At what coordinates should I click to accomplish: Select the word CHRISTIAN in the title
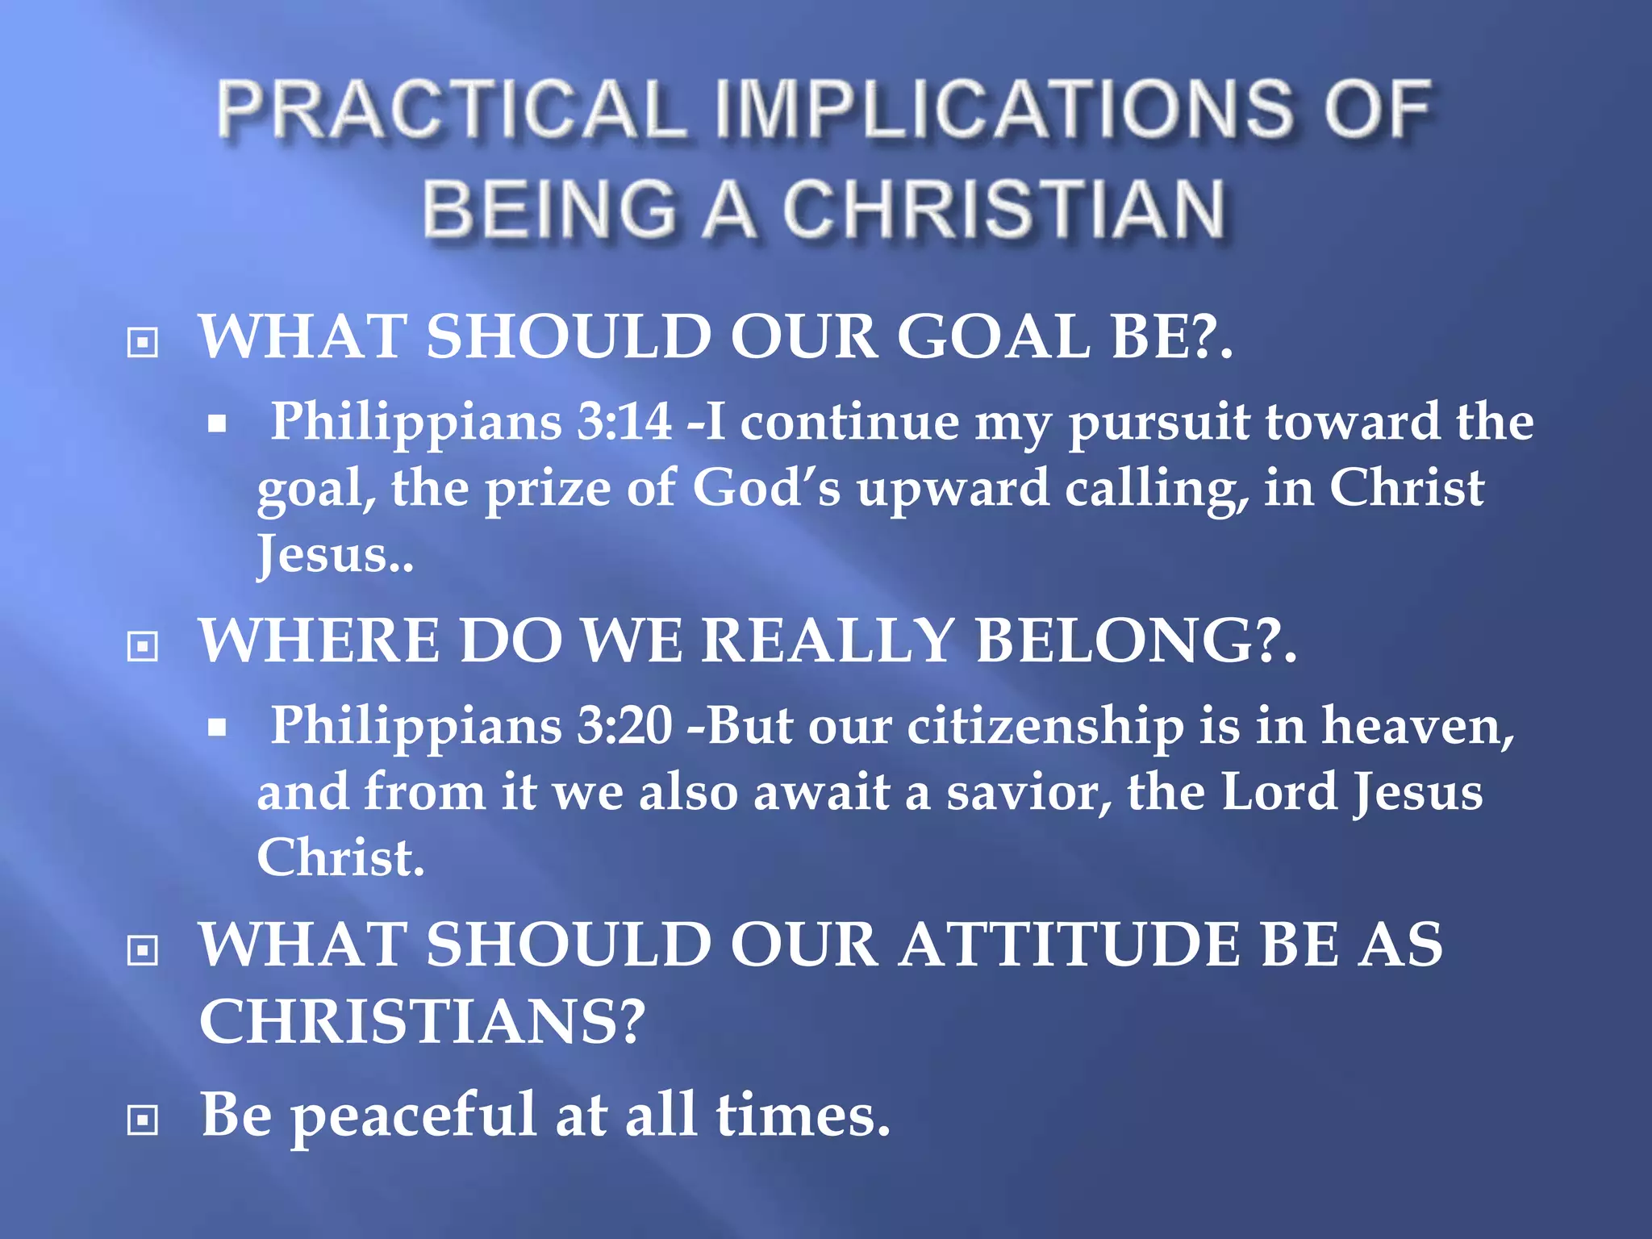coord(1004,209)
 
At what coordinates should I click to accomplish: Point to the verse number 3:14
coord(624,421)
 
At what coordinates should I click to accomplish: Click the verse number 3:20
coord(624,724)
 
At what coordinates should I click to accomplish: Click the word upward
coord(953,490)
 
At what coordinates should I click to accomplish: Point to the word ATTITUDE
coord(1070,945)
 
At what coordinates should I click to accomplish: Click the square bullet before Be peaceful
coord(143,1120)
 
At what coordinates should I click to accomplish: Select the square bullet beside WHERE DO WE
coord(143,646)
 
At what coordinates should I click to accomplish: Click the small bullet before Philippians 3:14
coord(216,423)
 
